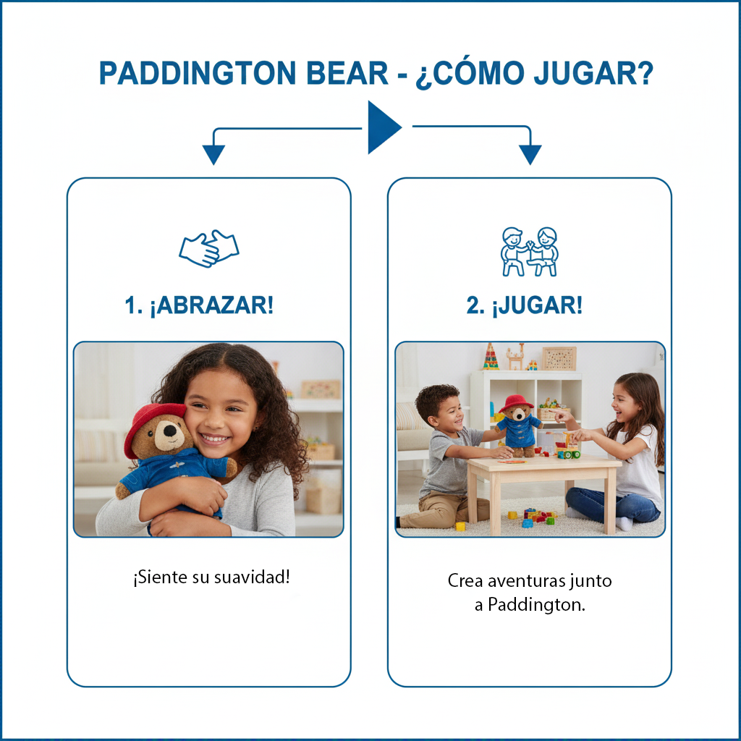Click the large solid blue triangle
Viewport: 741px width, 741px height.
tap(382, 127)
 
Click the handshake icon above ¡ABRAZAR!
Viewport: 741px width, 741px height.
tap(208, 248)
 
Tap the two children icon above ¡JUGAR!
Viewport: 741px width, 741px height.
tap(530, 251)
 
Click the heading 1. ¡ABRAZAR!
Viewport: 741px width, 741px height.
tap(199, 305)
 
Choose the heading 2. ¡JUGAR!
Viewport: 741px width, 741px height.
tap(524, 305)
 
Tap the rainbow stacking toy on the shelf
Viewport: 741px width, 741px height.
tap(491, 357)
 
